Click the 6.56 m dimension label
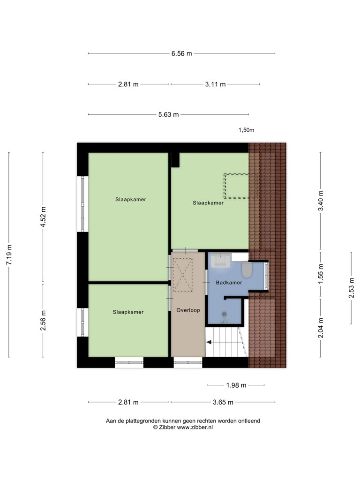[181, 53]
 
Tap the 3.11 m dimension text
[215, 84]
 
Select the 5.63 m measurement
[168, 115]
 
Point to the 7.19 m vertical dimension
[9, 255]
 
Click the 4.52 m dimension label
[43, 217]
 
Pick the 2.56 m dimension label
[43, 320]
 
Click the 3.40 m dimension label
[321, 201]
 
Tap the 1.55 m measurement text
[321, 274]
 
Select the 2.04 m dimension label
[321, 328]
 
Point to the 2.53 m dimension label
[351, 288]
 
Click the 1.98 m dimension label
[236, 385]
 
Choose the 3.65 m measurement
[223, 402]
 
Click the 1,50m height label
[247, 130]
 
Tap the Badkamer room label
[229, 283]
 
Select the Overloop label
[188, 310]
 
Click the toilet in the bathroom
[247, 270]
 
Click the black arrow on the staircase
[209, 342]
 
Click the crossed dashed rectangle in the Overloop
[182, 275]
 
